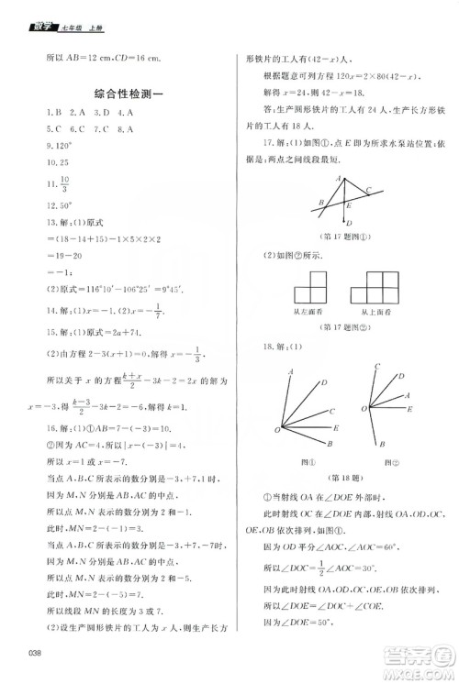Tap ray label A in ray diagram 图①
[x=291, y=370]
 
